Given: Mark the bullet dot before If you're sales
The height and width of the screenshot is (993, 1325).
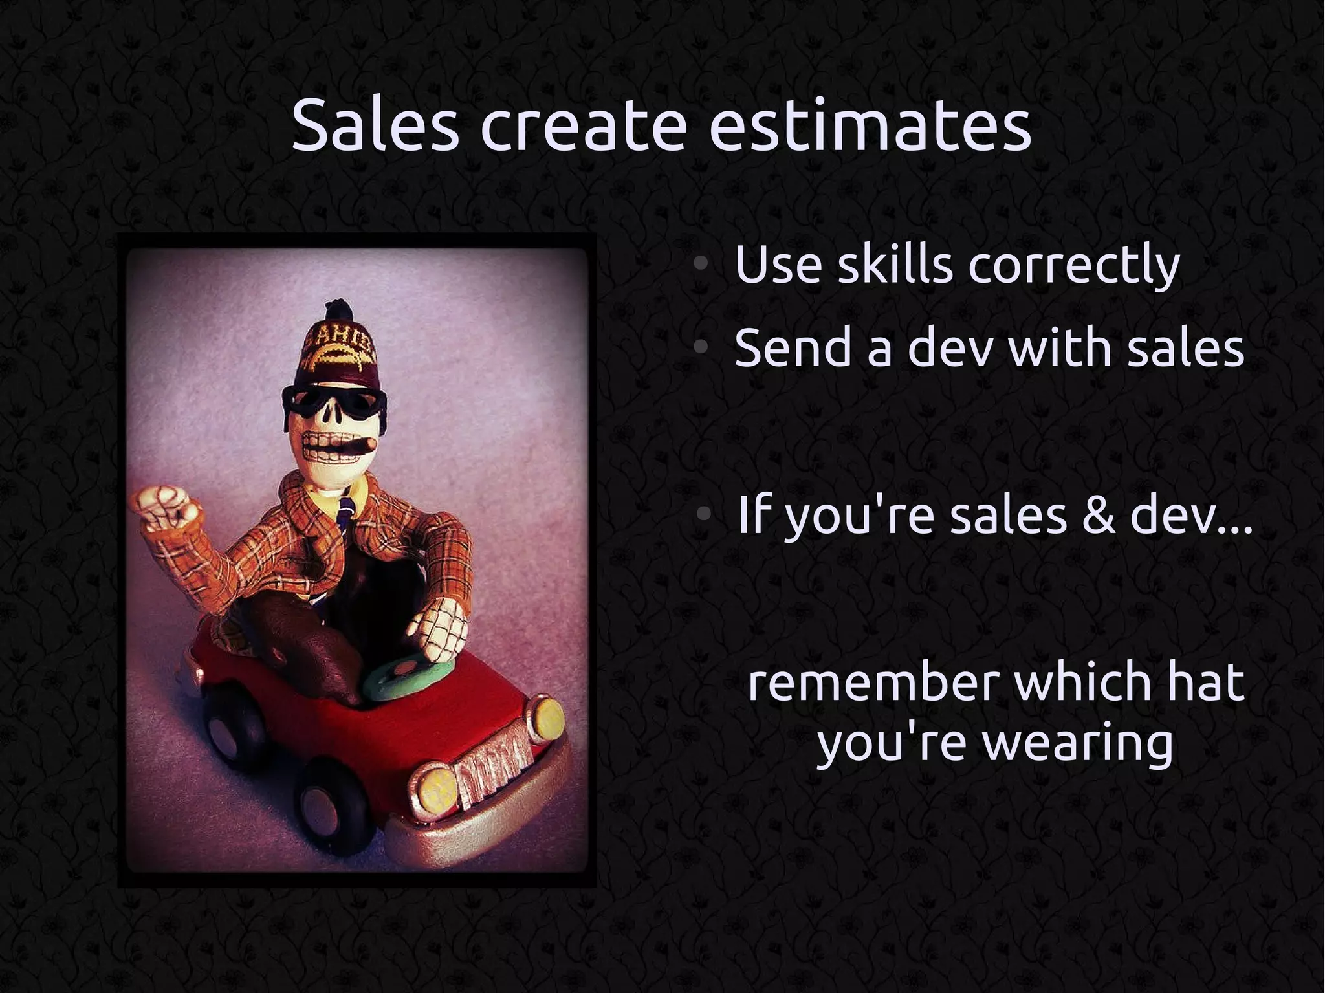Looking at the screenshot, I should (x=705, y=515).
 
